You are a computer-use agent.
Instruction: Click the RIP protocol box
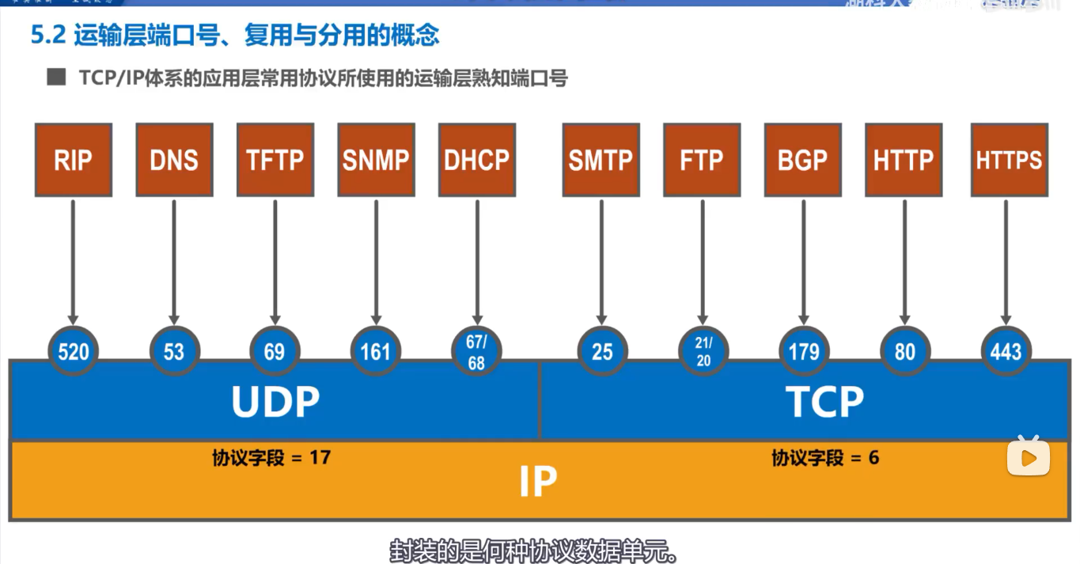pos(74,160)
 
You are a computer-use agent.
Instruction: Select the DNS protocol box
pos(174,160)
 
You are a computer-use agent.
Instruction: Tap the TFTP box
pos(275,160)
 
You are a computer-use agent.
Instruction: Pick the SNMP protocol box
pos(376,160)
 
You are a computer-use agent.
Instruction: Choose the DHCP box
pos(477,160)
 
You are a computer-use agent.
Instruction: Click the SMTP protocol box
pos(601,160)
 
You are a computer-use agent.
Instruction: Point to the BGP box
pos(803,160)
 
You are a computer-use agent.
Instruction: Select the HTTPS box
pos(1009,160)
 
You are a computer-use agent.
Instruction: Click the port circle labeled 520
pos(74,351)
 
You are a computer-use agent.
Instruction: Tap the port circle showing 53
pos(174,351)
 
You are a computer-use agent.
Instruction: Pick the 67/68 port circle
pos(476,351)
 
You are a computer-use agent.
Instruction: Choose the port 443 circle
pos(1006,351)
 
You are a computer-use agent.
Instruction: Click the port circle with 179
pos(804,351)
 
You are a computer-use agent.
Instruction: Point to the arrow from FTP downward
pos(703,261)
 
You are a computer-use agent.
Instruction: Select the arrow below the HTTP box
pos(904,261)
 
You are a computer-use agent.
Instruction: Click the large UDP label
pos(275,402)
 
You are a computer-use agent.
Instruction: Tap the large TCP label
pos(824,402)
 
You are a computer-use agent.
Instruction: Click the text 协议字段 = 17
pos(271,458)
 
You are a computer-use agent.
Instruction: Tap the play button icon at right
pos(1028,457)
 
